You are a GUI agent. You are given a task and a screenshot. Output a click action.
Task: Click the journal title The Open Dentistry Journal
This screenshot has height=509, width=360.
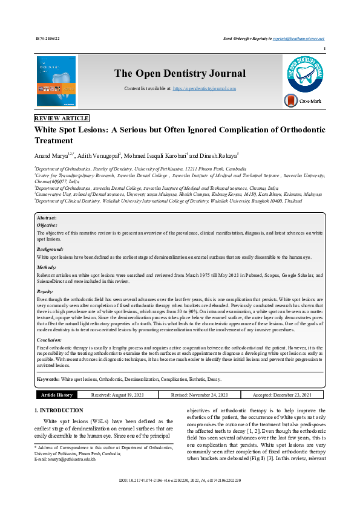180,74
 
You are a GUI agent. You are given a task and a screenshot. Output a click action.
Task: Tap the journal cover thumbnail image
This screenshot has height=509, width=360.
56,82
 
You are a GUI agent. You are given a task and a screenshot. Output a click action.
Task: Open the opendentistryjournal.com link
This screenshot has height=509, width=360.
205,88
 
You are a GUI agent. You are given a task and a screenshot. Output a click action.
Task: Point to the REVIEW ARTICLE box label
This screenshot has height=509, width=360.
62,118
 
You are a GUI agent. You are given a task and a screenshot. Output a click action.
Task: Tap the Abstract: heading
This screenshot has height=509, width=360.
47,218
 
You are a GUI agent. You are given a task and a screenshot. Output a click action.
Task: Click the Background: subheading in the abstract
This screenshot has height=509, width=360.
50,249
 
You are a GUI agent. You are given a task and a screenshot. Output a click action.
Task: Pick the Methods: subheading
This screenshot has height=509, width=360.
47,266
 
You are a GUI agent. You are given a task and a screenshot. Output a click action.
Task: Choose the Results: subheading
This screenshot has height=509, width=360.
46,291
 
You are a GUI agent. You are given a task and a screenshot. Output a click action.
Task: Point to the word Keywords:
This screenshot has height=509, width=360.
48,379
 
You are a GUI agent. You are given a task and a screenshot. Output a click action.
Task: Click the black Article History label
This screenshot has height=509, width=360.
57,395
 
